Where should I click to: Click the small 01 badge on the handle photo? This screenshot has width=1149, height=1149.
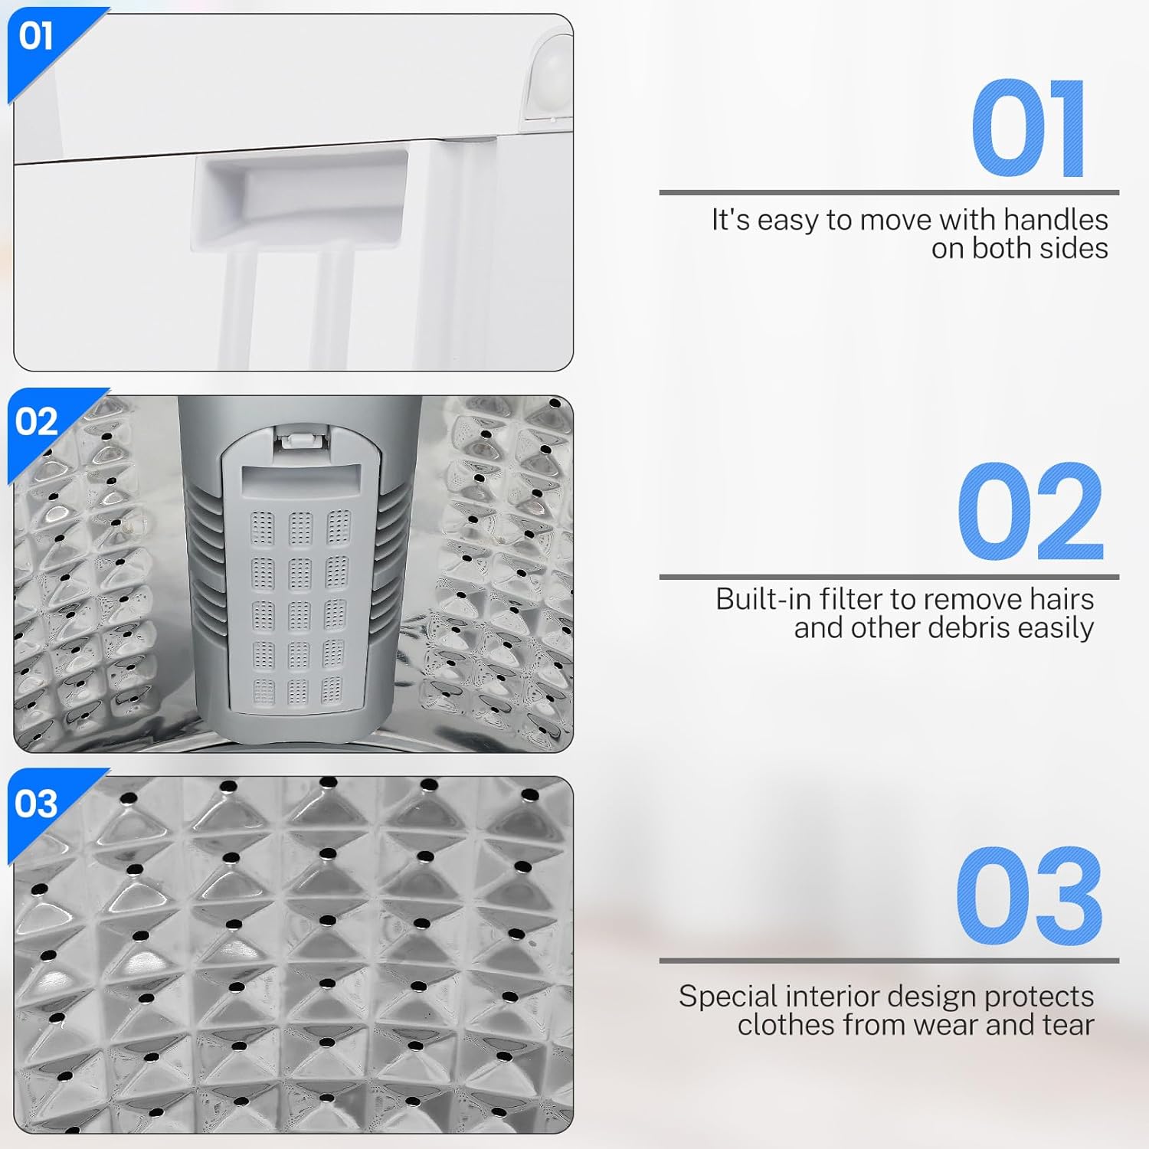point(36,36)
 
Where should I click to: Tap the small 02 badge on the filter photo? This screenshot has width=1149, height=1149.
point(36,421)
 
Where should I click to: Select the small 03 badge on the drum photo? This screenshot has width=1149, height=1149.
point(36,803)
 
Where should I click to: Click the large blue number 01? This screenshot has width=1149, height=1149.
point(1028,129)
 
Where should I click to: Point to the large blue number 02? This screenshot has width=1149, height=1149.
point(1030,512)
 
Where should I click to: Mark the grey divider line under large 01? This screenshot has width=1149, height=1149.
point(889,192)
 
